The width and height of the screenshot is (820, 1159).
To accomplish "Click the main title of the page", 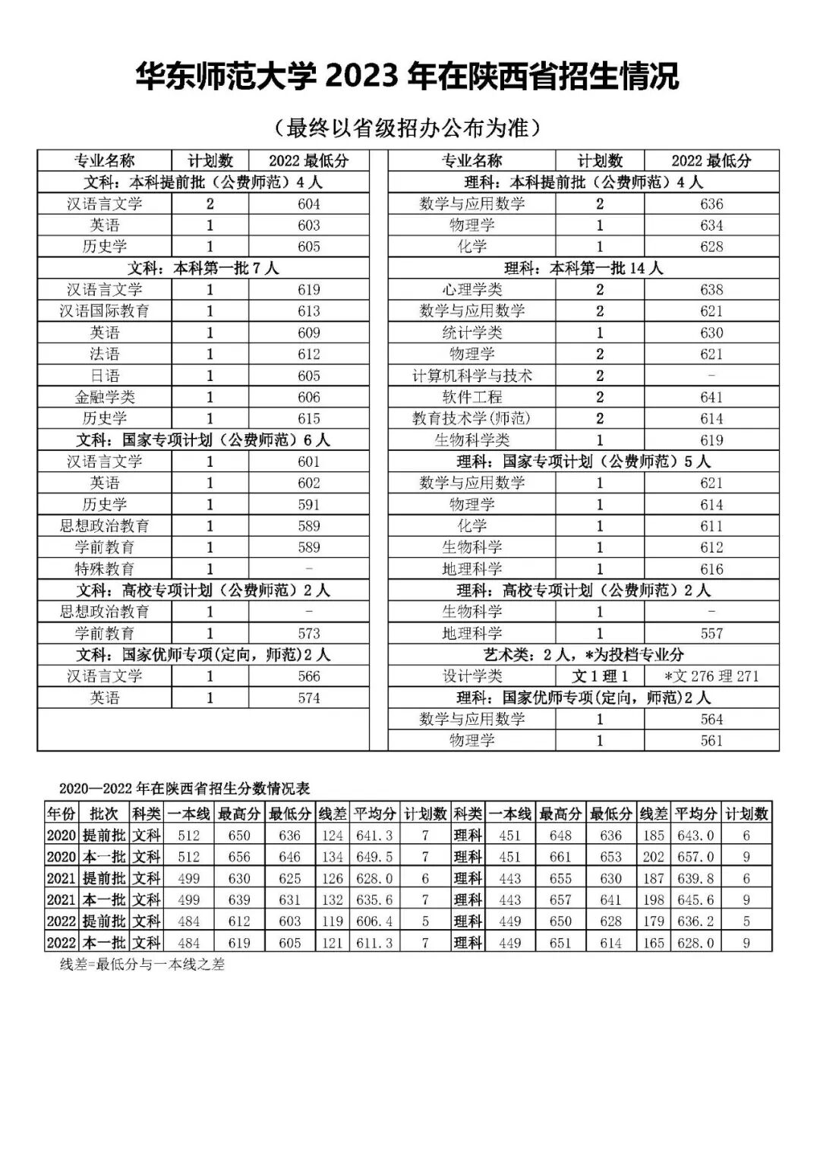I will (408, 77).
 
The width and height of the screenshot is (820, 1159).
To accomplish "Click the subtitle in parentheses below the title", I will (408, 128).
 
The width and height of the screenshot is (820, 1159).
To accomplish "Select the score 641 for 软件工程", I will (711, 397).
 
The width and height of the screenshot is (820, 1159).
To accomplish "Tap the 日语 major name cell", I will (105, 376).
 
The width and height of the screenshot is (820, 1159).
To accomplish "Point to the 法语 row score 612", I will (309, 354).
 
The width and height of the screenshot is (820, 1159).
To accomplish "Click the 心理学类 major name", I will (471, 289).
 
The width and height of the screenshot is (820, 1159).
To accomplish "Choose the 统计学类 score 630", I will (711, 332).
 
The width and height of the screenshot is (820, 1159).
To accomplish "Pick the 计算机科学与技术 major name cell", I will (471, 376).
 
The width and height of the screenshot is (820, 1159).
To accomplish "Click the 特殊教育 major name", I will (105, 568).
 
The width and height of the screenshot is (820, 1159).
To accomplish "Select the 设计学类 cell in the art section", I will (471, 676).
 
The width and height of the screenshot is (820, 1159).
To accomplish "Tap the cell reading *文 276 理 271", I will (711, 676).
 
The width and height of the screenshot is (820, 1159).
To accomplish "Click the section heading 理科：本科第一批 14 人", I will (583, 268).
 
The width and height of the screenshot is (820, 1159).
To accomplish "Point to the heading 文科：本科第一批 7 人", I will (203, 268).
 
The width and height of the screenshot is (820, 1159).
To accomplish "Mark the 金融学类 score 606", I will (309, 397).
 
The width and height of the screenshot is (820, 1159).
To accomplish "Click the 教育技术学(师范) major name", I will (471, 418).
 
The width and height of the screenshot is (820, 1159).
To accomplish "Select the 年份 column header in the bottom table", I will (61, 814).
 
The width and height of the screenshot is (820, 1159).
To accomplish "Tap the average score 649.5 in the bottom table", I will (374, 856).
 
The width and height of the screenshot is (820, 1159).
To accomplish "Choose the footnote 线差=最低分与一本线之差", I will (143, 965).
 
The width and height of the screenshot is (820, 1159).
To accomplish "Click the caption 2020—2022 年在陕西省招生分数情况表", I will (184, 789).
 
